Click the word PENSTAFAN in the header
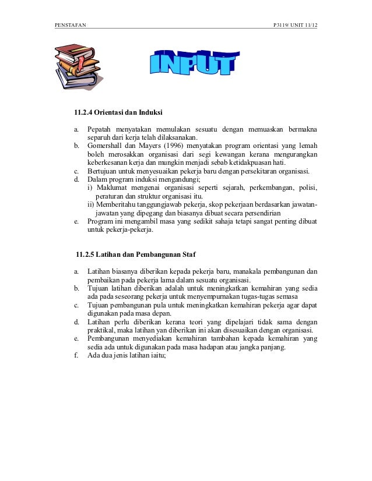[69, 25]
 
